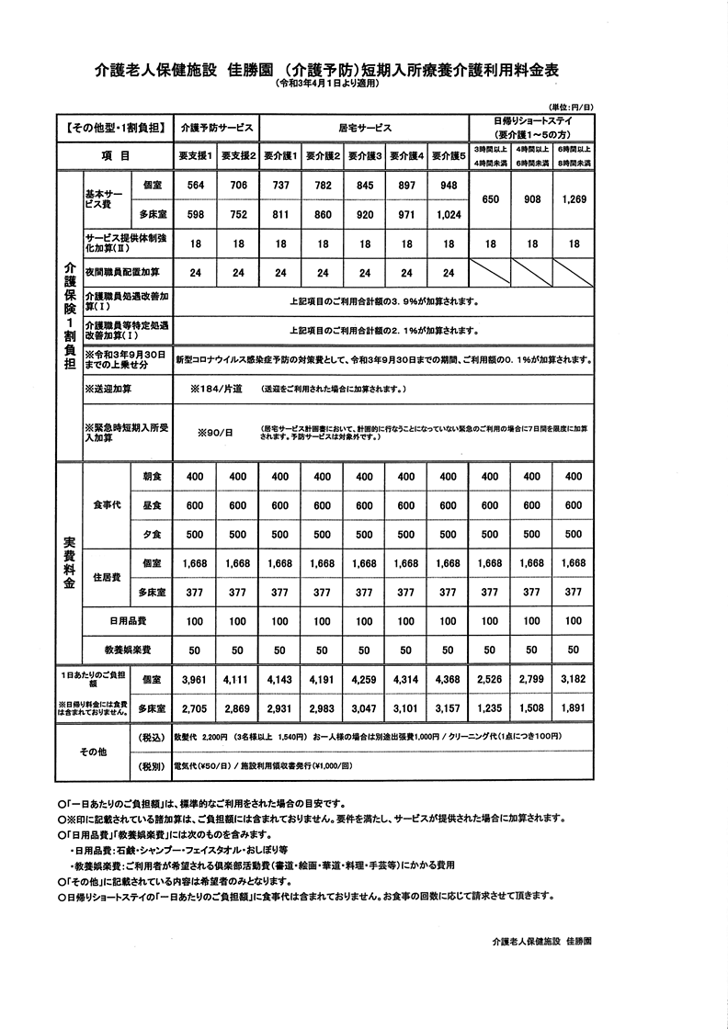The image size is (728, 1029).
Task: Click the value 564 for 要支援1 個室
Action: point(195,185)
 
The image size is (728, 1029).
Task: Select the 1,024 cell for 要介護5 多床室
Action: point(448,214)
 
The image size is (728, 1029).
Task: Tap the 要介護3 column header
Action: point(364,155)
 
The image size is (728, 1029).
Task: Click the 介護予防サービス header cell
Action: point(216,127)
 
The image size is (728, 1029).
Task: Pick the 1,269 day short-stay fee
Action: point(574,198)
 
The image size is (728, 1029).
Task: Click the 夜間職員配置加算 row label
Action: point(121,273)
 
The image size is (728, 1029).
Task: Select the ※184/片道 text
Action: point(216,390)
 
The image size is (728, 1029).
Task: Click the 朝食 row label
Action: point(152,477)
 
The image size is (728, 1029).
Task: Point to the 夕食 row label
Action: point(152,535)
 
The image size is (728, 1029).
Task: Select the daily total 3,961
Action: point(195,680)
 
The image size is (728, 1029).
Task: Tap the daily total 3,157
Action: point(448,709)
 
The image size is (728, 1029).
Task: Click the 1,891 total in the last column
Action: point(574,709)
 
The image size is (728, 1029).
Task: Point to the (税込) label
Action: point(151,738)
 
